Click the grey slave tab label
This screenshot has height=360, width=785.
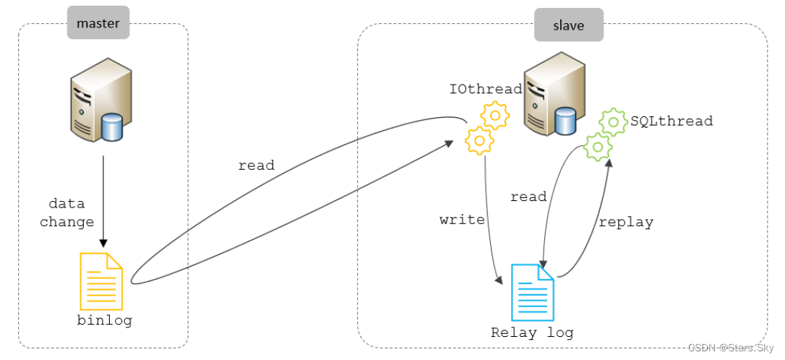pos(568,25)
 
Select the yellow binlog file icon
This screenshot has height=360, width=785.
pos(101,281)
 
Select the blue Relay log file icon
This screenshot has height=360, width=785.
pos(533,292)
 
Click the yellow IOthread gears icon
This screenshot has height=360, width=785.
pos(486,128)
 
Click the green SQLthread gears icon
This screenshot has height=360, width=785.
pos(605,134)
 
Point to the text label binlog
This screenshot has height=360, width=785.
pos(105,320)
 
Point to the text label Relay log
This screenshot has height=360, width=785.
pos(532,333)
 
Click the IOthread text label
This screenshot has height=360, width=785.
pos(485,89)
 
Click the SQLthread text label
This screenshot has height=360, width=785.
pos(672,121)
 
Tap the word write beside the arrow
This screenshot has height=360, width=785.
pos(462,219)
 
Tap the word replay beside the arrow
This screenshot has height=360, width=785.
pos(625,222)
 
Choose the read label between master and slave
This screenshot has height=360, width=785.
pos(256,166)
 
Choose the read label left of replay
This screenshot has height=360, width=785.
pos(528,197)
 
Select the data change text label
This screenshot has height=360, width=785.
pos(67,213)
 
